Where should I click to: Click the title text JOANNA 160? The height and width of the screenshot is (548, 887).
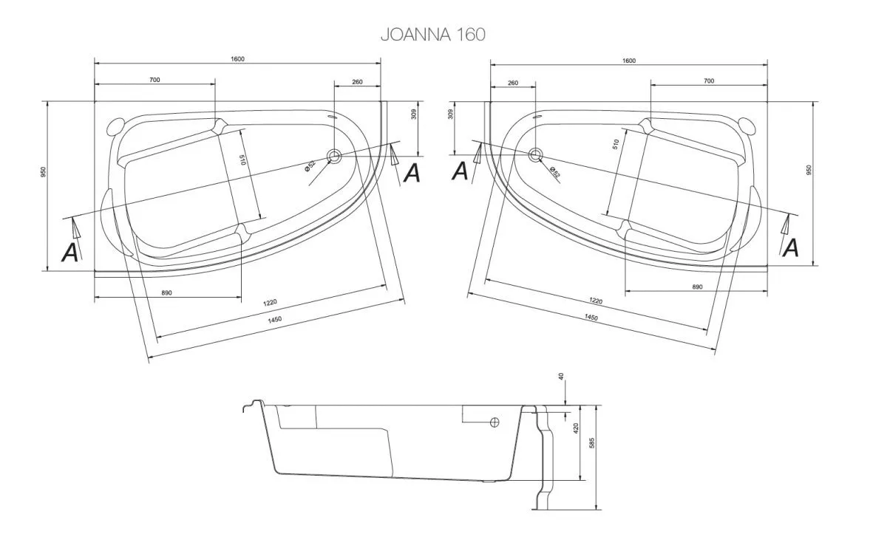point(432,34)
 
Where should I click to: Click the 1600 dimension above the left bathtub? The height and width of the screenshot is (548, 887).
point(237,59)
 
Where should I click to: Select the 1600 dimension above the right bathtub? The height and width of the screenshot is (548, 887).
point(628,61)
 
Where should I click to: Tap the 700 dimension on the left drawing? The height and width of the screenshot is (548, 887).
point(154,80)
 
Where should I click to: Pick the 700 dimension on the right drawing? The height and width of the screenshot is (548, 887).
point(709,81)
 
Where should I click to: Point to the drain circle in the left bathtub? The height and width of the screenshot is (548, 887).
point(334,155)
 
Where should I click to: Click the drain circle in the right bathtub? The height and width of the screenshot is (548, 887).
point(535,155)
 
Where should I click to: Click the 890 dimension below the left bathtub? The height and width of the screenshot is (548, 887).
point(166,293)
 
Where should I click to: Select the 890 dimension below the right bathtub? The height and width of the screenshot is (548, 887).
point(696,287)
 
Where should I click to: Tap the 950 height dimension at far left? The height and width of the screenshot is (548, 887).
point(44,172)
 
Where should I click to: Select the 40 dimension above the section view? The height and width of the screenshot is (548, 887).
point(562,377)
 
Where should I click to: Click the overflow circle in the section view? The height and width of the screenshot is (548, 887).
point(495,422)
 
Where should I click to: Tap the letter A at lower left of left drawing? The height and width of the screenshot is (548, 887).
point(70,253)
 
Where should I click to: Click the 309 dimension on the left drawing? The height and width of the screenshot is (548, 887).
point(415,114)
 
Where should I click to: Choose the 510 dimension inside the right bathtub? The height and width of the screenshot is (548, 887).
point(616,145)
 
